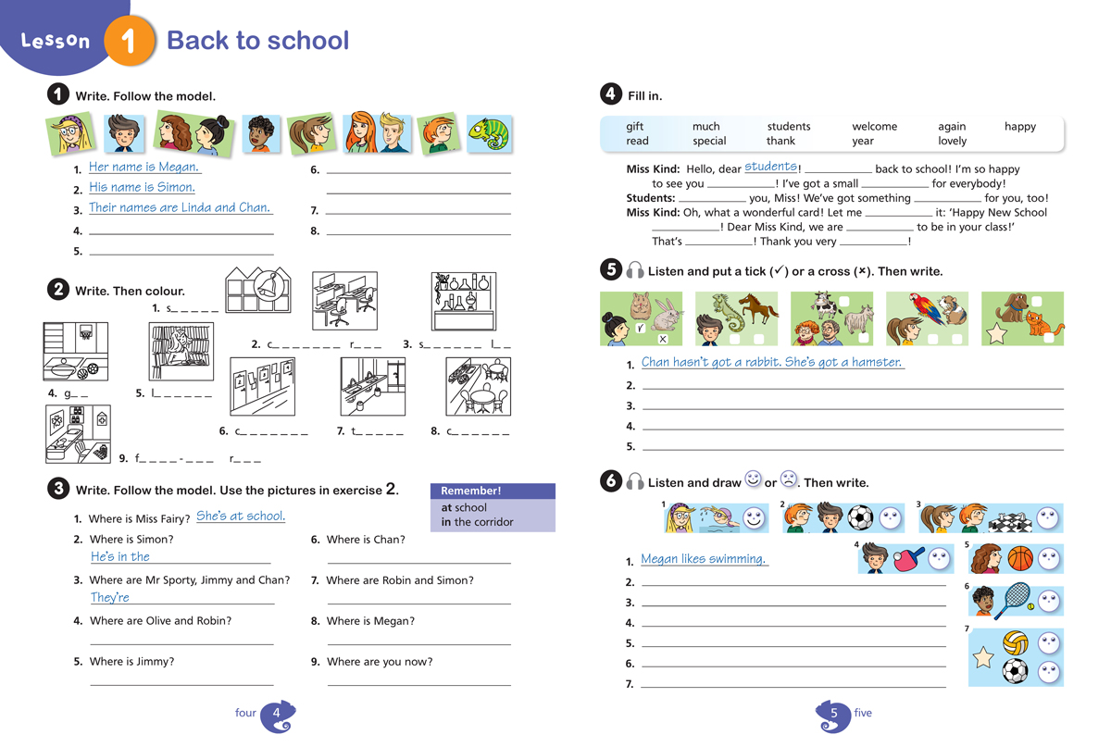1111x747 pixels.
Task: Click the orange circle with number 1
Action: pos(128,43)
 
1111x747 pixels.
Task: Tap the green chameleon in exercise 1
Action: pos(489,134)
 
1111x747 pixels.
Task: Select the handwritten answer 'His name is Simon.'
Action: pos(142,187)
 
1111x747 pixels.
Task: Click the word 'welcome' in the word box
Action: pos(874,127)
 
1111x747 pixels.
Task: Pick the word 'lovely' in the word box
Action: pos(952,142)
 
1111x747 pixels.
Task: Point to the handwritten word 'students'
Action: pos(770,167)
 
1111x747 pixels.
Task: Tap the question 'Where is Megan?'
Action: pos(370,621)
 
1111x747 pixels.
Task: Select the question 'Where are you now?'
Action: pos(379,662)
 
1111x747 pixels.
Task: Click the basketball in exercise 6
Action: pos(1019,559)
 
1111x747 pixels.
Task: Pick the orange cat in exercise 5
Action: pos(1047,325)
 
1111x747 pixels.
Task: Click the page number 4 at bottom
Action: pos(277,714)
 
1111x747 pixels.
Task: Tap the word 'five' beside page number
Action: pos(863,713)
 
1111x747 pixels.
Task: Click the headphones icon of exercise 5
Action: pos(635,270)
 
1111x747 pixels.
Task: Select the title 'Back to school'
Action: pos(257,41)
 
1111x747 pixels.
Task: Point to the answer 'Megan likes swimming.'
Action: pos(705,559)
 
